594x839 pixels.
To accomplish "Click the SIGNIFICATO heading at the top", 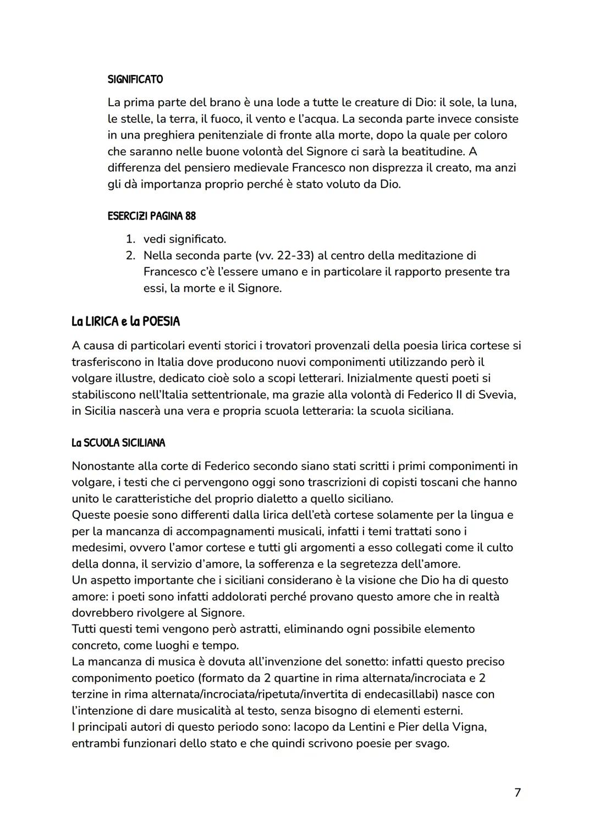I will (135, 79).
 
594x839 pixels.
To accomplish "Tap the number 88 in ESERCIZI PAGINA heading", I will (190, 216).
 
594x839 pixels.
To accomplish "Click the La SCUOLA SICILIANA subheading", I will (118, 443).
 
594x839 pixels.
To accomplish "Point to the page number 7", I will (517, 792).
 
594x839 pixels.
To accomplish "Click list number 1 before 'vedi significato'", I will (130, 239).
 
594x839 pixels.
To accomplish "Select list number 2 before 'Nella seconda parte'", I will (130, 255).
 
